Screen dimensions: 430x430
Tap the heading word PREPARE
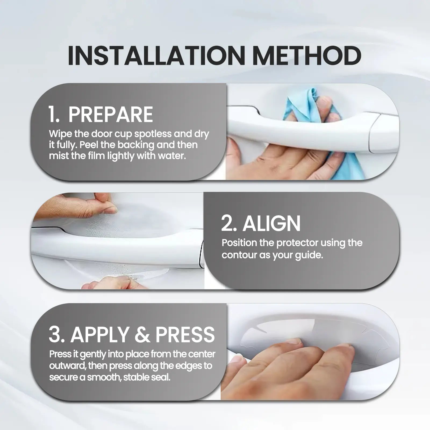point(110,115)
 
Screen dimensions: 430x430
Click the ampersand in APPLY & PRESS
point(142,335)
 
